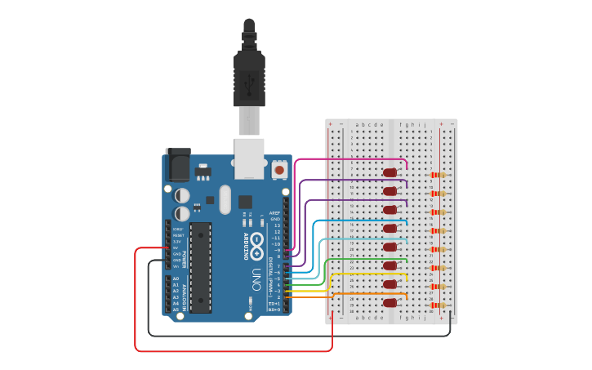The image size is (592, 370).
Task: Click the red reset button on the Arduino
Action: point(279,169)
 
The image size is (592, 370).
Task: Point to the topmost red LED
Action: point(390,172)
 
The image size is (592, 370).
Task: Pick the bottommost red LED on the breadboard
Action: point(390,303)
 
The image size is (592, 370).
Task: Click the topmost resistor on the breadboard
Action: point(441,175)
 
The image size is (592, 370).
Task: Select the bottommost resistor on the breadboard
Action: point(441,305)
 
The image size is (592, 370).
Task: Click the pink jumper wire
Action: point(351,159)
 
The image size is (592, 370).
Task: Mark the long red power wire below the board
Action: point(229,351)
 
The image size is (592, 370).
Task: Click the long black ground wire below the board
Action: point(294,335)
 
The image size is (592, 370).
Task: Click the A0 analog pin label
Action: point(176,279)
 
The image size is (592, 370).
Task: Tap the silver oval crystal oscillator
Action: point(225,198)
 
